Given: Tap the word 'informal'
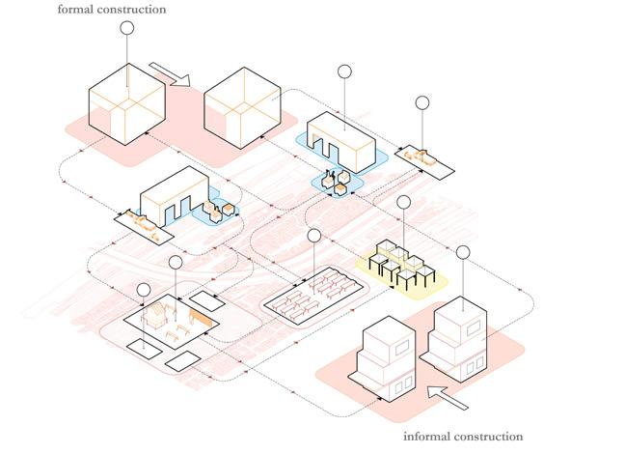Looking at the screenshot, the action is tap(426, 438).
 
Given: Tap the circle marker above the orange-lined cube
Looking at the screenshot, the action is tap(125, 26).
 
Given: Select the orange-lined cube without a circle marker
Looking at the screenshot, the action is tap(243, 108).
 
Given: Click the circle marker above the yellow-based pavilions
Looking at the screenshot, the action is tap(403, 203).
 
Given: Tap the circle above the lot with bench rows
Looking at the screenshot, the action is tap(313, 236).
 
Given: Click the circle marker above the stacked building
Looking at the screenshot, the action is tap(463, 253).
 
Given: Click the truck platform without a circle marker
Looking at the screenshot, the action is tap(140, 223).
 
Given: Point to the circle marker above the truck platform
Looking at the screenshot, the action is tap(422, 102).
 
